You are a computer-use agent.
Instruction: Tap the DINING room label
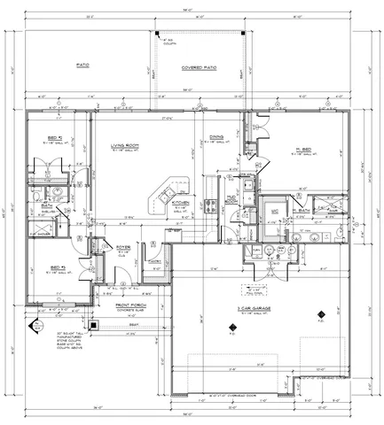pos(216,136)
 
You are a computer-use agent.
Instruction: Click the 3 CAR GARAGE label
pos(253,307)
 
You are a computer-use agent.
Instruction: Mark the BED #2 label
pos(54,139)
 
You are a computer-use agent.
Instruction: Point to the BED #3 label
pos(57,266)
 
